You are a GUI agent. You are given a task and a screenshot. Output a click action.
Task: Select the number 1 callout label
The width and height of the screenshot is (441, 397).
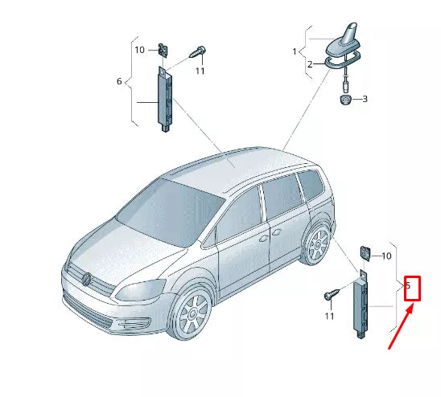coord(295,51)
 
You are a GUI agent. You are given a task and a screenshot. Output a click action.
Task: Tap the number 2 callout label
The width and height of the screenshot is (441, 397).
coord(310,64)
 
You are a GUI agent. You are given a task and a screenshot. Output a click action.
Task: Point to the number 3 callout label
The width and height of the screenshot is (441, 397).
coord(364,100)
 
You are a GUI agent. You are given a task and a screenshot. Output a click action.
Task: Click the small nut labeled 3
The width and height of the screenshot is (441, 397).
coord(344,100)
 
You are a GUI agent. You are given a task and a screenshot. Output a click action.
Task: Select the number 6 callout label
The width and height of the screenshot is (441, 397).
coord(119,82)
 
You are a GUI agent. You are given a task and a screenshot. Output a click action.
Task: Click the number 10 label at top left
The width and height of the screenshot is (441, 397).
coord(139,50)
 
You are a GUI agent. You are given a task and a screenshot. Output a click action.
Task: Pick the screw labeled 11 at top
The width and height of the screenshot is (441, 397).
coord(197,51)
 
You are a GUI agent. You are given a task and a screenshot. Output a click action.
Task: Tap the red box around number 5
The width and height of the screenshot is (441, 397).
coord(412,287)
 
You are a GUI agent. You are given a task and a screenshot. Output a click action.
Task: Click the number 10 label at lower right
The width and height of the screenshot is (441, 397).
coord(385,256)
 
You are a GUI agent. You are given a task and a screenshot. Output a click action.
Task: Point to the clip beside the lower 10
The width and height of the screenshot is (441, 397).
coord(364,252)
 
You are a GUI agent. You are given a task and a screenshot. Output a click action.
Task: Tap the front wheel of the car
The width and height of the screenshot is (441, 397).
coord(191,316)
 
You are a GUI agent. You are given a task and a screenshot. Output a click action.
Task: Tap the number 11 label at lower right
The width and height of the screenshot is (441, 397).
coord(328,316)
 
